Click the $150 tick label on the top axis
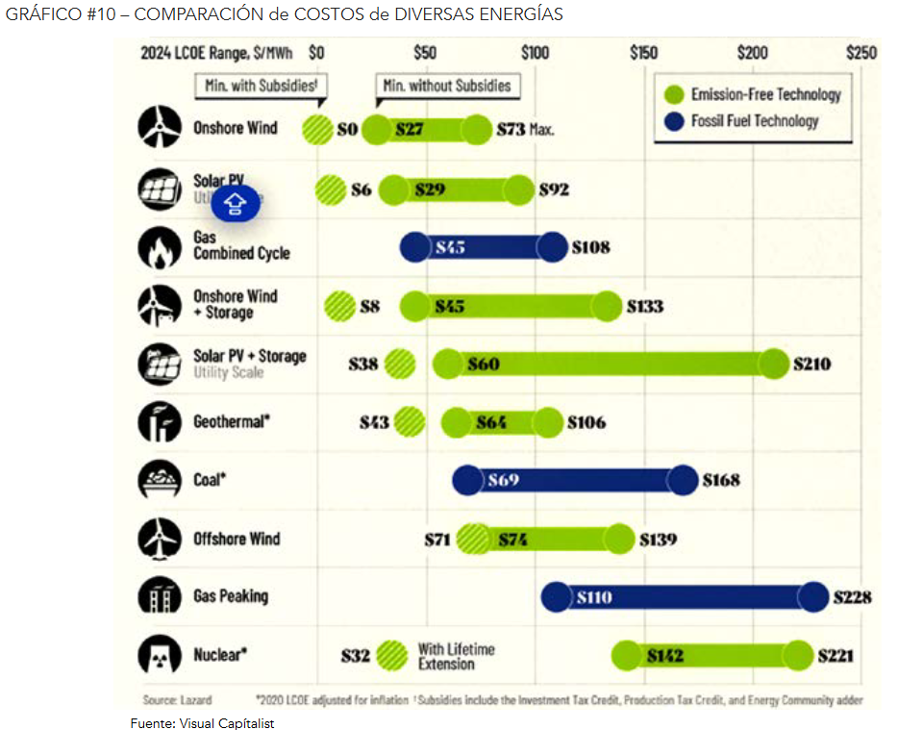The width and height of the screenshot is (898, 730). coord(643,53)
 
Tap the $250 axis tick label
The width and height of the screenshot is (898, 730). coord(861,53)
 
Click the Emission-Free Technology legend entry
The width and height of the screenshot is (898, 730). coord(753,94)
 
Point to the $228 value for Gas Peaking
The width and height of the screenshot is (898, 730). coord(852,597)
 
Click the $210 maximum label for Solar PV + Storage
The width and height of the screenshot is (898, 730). coord(811,365)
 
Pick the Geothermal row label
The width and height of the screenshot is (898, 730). coord(231,421)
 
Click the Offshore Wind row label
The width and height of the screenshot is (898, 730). coord(237,539)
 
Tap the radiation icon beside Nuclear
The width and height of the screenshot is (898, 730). coord(159,655)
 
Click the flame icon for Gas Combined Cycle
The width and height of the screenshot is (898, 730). coord(159,247)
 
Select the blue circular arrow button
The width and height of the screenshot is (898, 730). coord(237,203)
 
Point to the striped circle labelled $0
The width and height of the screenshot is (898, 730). coord(316,129)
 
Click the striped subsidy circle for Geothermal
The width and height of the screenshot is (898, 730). coord(409,421)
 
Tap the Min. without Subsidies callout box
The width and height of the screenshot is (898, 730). coord(447,86)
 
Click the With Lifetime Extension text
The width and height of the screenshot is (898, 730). coord(456,656)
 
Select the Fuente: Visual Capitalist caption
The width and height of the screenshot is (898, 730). coord(202,723)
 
